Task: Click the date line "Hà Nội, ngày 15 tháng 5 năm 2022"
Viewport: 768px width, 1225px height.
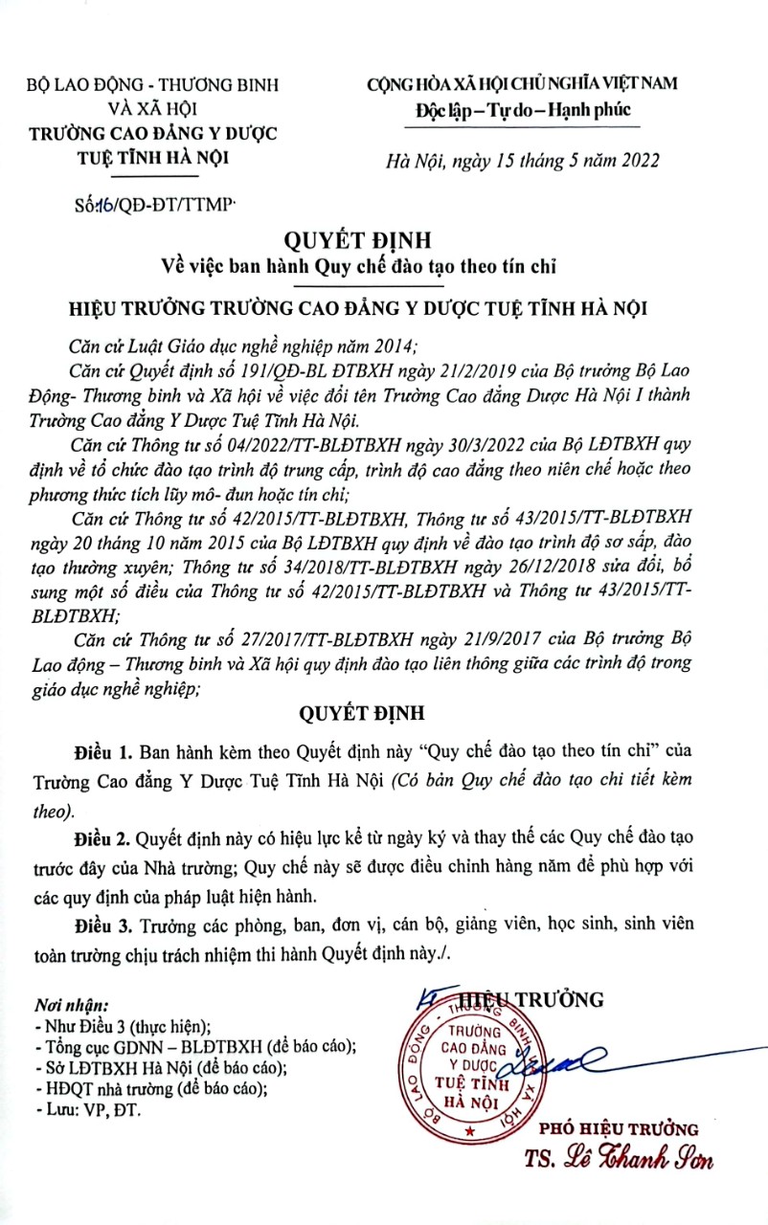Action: point(522,160)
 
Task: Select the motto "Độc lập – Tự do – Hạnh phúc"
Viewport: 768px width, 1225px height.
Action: point(516,112)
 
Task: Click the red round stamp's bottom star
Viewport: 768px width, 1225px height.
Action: point(469,1130)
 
